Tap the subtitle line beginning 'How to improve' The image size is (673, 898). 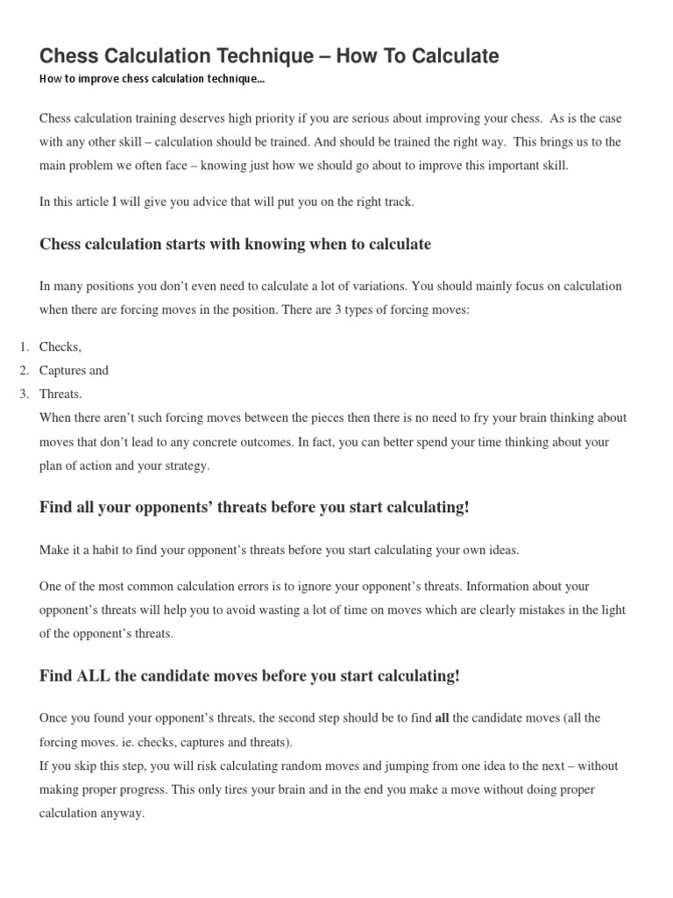152,80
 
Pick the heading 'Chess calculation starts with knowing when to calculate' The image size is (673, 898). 235,245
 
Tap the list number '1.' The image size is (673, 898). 25,347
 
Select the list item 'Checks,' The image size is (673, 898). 60,347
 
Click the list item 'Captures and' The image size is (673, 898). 74,371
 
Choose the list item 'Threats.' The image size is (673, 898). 60,395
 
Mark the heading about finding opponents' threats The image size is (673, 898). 254,508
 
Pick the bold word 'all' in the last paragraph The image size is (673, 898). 442,718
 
